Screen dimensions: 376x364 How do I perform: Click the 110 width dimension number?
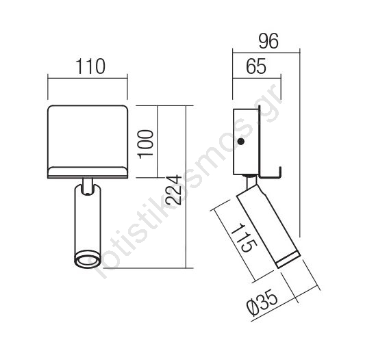pyautogui.click(x=90, y=66)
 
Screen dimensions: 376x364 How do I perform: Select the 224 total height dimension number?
pyautogui.click(x=173, y=190)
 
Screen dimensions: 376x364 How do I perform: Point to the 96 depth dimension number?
pyautogui.click(x=268, y=41)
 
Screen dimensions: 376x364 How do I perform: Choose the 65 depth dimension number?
pyautogui.click(x=256, y=66)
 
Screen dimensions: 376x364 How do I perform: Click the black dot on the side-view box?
pyautogui.click(x=240, y=142)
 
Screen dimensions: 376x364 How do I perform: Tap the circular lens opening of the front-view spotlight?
pyautogui.click(x=87, y=259)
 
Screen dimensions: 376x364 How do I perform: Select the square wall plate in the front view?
pyautogui.click(x=88, y=142)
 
